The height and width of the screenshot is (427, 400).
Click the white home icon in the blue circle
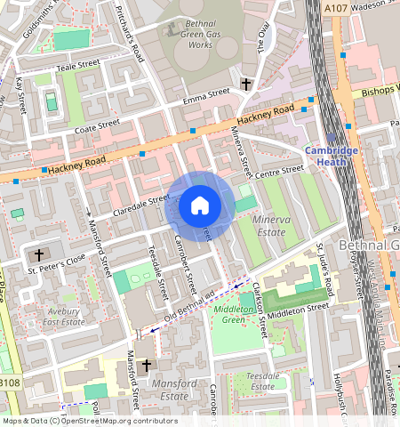(x=200, y=205)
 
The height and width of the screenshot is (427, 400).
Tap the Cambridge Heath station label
(x=332, y=145)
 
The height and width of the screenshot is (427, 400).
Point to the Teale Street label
(x=77, y=65)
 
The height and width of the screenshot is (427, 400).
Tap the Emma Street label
(x=205, y=95)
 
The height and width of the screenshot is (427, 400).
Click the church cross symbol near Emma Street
(x=245, y=85)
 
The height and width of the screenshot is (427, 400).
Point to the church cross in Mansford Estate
(x=147, y=366)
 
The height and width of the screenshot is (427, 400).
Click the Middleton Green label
(x=233, y=313)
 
